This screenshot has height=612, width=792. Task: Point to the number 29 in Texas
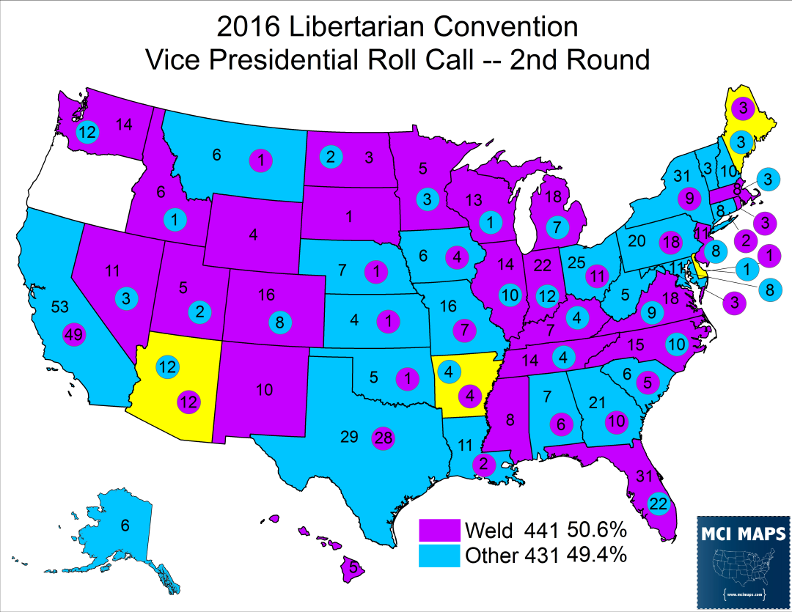pos(349,438)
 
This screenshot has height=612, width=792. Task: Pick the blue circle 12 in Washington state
pos(88,133)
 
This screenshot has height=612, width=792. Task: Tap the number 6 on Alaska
pos(125,525)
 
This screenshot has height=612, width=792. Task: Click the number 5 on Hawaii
pos(353,567)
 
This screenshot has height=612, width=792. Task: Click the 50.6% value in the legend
pos(596,528)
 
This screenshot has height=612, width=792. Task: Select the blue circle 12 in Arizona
pos(167,366)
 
